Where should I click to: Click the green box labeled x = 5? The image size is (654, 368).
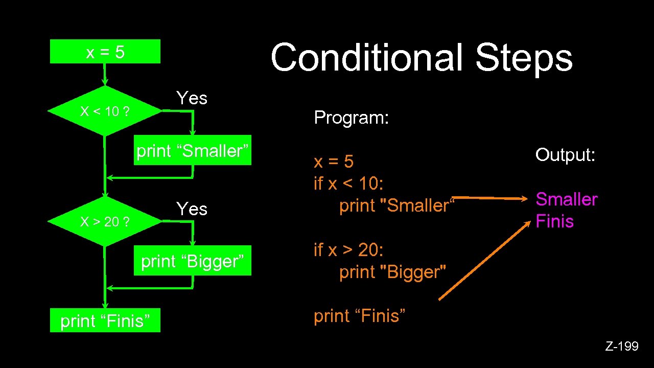[105, 52]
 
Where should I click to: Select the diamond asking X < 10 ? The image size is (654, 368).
[104, 111]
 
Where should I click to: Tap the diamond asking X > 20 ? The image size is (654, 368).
[104, 222]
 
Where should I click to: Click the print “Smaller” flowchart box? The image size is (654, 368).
[193, 151]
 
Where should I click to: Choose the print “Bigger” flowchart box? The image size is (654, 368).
[193, 262]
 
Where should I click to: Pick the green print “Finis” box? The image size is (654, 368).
[105, 320]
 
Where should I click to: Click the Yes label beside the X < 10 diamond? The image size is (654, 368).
[192, 98]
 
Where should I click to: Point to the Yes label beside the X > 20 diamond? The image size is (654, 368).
[192, 209]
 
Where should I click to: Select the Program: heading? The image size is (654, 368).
[352, 118]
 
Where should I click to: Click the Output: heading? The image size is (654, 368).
[565, 154]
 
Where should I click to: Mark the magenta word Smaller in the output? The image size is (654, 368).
[566, 199]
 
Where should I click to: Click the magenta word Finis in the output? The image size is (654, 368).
[554, 222]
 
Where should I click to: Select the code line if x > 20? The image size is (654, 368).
[348, 250]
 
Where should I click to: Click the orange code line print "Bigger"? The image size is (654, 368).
[392, 272]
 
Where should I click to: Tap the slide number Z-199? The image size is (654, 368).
[622, 347]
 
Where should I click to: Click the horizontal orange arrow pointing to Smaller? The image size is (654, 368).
[491, 197]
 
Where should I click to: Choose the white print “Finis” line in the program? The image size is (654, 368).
[360, 316]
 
